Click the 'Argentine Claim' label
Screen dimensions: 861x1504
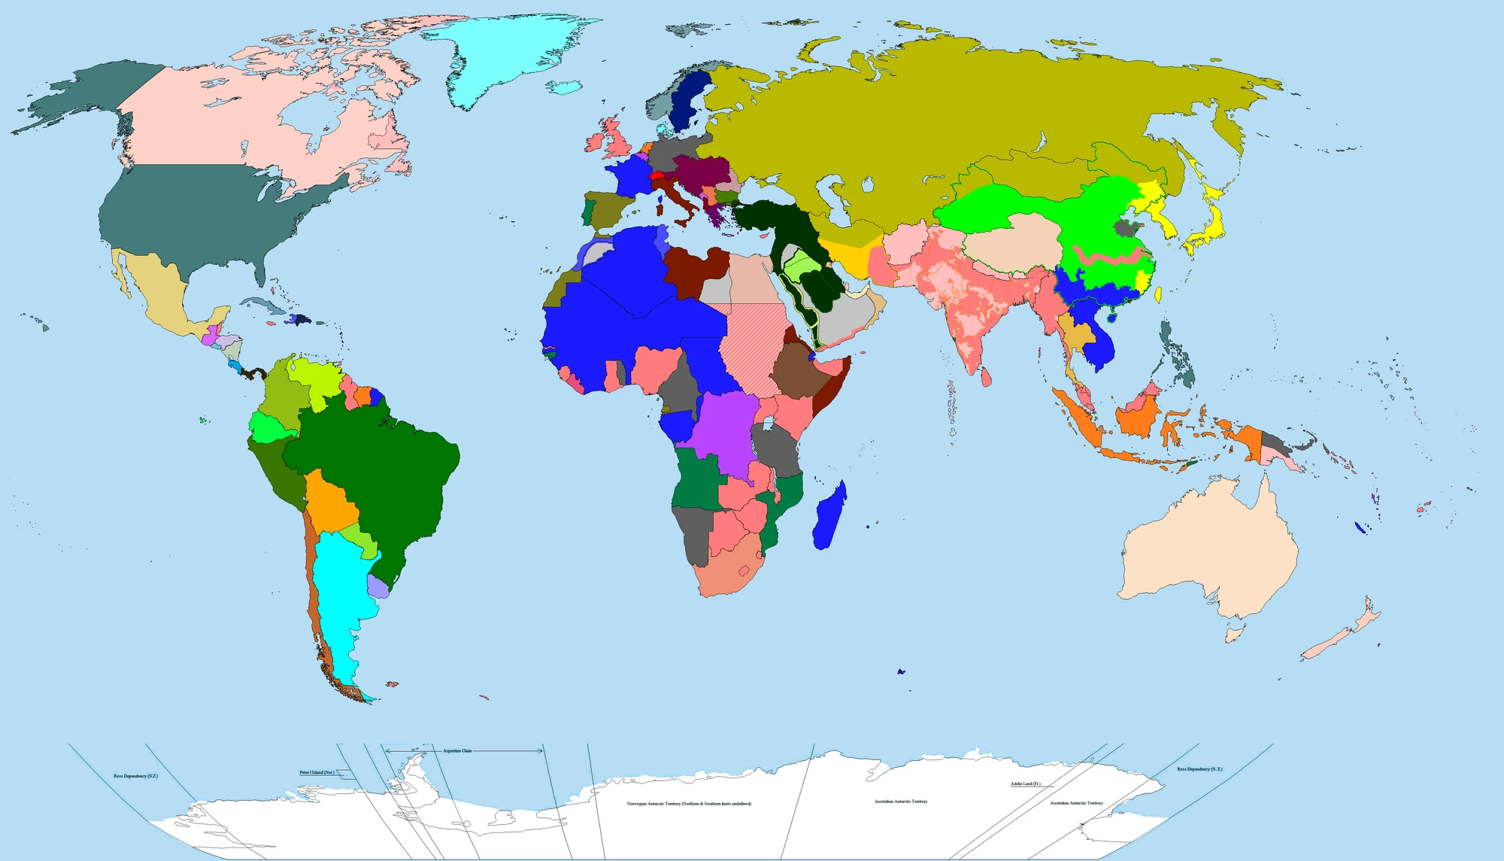457,751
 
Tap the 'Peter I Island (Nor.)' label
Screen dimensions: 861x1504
317,772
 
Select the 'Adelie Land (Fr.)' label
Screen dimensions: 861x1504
1025,784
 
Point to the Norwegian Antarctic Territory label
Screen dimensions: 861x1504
689,804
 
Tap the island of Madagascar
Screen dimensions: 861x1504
830,516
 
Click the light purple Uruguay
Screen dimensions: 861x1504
378,587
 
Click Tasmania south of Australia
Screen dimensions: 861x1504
1234,634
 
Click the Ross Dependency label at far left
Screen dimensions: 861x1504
135,776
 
